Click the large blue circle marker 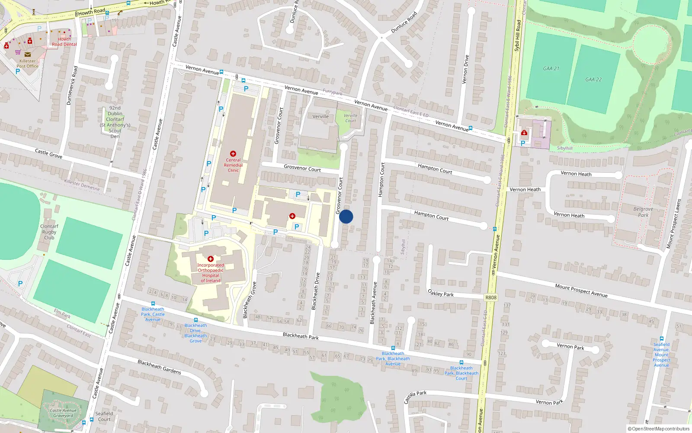346,216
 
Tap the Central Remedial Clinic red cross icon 233,154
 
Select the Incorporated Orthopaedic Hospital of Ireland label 211,273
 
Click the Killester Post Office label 28,64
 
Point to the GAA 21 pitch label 551,68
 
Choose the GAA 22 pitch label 593,80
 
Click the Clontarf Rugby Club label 49,232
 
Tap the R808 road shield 491,297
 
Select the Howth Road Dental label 64,42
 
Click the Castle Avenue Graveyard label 63,413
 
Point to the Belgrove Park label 643,212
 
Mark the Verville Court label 350,118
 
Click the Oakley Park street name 441,293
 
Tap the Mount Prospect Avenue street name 581,291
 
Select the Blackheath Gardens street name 159,367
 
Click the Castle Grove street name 48,153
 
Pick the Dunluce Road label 404,23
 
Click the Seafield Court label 104,416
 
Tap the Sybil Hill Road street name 518,36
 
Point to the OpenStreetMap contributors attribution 659,429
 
